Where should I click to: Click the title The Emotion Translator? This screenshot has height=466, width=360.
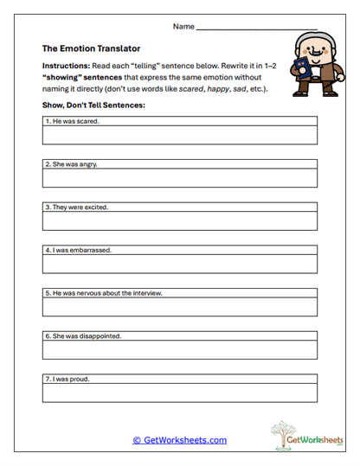tap(91, 49)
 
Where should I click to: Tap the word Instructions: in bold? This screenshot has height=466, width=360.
tap(69, 66)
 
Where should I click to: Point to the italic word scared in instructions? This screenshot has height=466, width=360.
tap(191, 89)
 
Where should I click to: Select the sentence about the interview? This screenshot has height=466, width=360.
tap(105, 293)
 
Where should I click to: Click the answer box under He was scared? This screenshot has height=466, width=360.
tap(180, 136)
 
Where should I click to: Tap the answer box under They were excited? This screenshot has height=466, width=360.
tap(180, 221)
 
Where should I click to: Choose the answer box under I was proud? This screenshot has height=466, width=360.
tap(180, 393)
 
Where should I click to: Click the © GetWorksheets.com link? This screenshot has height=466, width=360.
tap(179, 440)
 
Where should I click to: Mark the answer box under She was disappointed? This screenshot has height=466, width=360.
tap(180, 349)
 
